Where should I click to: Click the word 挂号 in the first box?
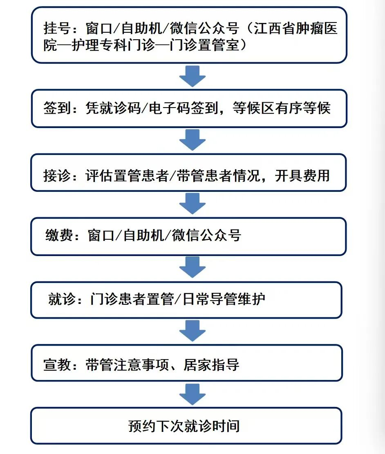(57, 28)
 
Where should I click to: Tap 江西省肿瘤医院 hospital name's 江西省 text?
(274, 28)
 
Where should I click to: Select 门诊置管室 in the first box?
(204, 45)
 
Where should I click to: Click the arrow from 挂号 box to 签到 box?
(192, 76)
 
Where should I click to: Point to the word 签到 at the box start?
(57, 108)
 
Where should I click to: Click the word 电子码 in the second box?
(170, 108)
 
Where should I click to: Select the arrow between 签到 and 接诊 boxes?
(192, 140)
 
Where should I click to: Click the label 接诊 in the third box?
(57, 175)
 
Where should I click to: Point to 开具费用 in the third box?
(302, 175)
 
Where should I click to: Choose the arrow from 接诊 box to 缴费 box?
(192, 204)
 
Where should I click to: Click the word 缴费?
(59, 235)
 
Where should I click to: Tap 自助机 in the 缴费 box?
(143, 235)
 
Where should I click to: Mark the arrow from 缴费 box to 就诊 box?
(192, 267)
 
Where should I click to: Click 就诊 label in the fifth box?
(62, 299)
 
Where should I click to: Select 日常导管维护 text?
(224, 299)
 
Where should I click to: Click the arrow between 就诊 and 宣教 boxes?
(192, 330)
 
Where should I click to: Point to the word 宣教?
(57, 364)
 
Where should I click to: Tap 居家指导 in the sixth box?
(211, 364)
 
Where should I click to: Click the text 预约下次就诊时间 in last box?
(184, 426)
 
